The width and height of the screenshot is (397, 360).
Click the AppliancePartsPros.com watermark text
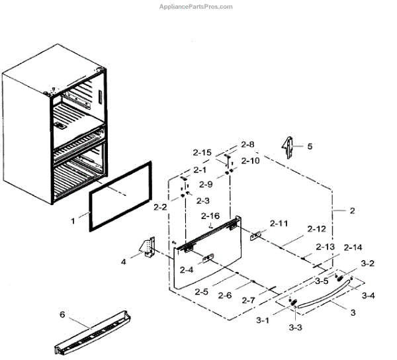[x=197, y=7]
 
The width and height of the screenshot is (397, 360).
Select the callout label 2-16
[x=210, y=216]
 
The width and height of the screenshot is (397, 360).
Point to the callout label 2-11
[x=279, y=223]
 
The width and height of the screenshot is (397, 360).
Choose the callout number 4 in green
[x=122, y=261]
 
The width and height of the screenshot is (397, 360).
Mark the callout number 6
[x=62, y=315]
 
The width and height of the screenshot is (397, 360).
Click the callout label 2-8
[x=247, y=144]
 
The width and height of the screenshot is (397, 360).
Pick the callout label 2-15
[x=202, y=153]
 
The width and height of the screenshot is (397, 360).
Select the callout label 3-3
[x=294, y=328]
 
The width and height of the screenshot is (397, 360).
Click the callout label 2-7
[x=248, y=300]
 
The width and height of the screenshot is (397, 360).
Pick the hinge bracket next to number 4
[x=149, y=247]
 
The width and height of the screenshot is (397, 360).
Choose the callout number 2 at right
[x=352, y=211]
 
